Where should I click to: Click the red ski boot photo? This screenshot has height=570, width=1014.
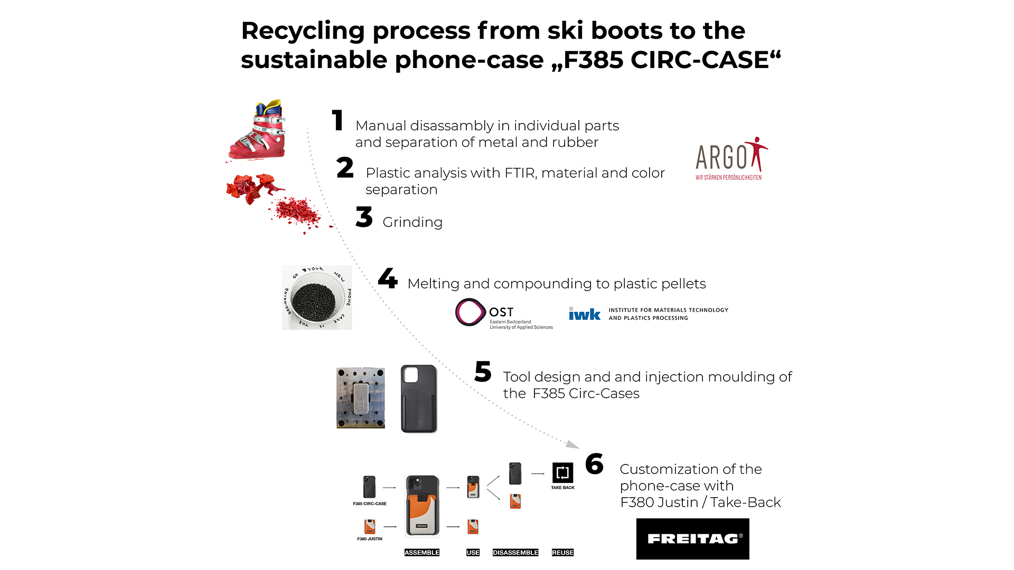258,130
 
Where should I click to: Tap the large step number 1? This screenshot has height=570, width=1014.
338,120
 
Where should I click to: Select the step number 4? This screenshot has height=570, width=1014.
388,278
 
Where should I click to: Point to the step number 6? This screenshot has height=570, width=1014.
595,464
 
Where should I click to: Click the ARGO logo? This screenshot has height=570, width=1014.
731,159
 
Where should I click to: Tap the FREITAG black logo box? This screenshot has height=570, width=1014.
692,539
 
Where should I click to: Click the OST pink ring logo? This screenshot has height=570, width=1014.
470,312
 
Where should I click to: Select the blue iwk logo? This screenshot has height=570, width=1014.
585,314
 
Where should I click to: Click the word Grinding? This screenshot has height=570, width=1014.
412,222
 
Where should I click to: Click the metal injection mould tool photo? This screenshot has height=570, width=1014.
361,398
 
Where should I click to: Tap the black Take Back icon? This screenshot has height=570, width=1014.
562,472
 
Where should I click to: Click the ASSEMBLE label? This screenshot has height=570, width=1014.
421,553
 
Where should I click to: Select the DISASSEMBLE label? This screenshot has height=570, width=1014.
515,553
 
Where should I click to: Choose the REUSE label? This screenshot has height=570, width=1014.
562,553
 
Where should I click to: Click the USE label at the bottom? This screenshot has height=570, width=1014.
473,553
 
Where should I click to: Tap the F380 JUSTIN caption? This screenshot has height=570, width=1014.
370,539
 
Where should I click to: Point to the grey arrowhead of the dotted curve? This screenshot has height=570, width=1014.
572,444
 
